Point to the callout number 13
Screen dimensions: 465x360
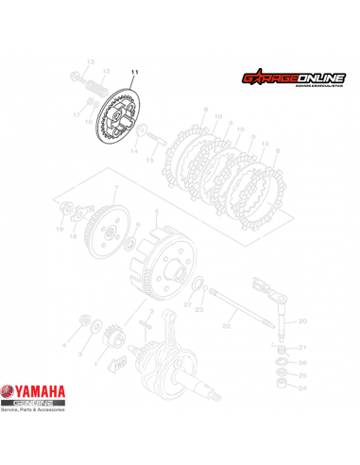[92, 62]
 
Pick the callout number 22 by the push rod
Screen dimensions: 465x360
[227, 326]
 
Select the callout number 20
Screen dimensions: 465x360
[302, 322]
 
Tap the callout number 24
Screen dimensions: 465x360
[302, 387]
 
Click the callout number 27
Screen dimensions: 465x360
[187, 305]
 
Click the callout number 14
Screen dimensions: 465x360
[134, 150]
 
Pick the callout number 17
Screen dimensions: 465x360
[77, 114]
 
